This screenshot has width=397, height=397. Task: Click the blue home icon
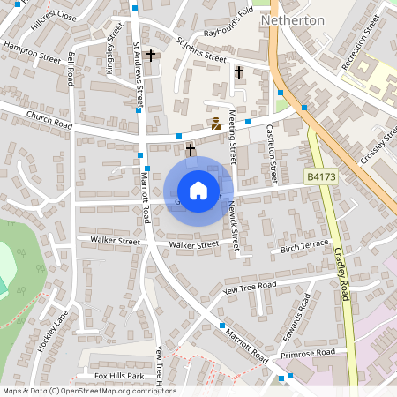[198, 191]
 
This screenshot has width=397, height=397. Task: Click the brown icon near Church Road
[215, 124]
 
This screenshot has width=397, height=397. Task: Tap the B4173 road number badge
[322, 177]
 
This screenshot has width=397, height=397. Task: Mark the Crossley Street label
[378, 141]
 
